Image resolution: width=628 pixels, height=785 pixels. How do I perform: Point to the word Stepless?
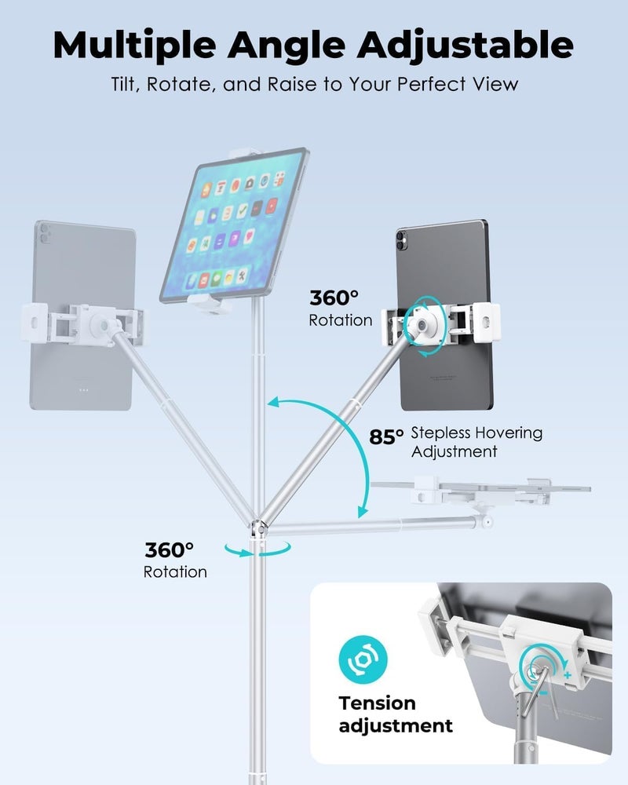tap(440, 433)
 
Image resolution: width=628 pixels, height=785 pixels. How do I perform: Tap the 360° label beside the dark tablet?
tap(334, 298)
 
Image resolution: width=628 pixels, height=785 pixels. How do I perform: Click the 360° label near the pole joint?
tap(170, 550)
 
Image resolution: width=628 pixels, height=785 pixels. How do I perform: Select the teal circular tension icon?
tap(363, 659)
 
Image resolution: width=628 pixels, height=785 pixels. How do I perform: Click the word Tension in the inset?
tap(377, 703)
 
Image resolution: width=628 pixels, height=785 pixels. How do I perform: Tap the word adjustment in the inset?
tap(396, 725)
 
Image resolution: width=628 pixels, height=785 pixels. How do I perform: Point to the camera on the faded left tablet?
tap(44, 233)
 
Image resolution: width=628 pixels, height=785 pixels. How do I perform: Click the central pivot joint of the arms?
tap(259, 528)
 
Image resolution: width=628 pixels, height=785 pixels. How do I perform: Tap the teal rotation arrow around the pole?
tap(257, 549)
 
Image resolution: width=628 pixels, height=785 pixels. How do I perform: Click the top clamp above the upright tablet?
tap(245, 152)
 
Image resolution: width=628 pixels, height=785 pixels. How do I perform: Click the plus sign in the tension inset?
tap(568, 675)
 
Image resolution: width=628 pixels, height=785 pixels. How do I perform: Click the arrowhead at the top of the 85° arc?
tap(273, 402)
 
